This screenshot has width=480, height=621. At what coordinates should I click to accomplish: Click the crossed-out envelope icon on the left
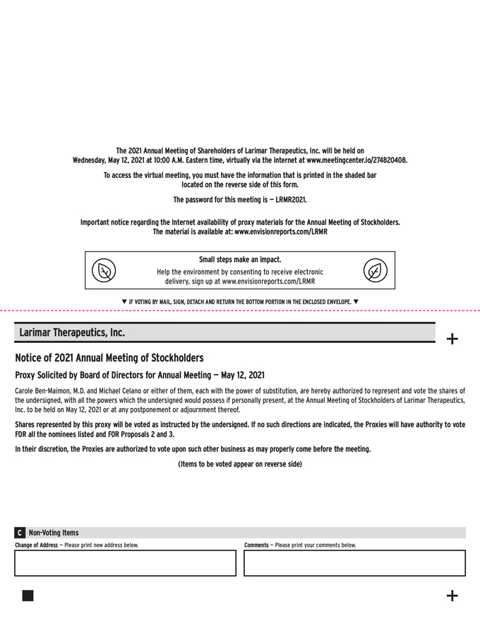pyautogui.click(x=103, y=270)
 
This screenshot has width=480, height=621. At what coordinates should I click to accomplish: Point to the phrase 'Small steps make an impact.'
pyautogui.click(x=240, y=259)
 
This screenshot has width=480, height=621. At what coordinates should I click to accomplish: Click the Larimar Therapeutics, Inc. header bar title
pyautogui.click(x=72, y=332)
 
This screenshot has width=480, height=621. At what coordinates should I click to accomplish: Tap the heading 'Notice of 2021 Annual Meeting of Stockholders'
pyautogui.click(x=109, y=357)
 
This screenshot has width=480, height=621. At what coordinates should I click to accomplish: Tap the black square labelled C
pyautogui.click(x=20, y=533)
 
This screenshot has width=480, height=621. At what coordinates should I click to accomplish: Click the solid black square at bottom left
pyautogui.click(x=28, y=596)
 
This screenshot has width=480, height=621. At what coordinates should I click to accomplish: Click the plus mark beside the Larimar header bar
pyautogui.click(x=452, y=339)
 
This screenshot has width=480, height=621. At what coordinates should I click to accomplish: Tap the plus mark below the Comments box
pyautogui.click(x=452, y=596)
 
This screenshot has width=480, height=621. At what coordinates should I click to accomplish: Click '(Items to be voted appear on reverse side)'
pyautogui.click(x=240, y=464)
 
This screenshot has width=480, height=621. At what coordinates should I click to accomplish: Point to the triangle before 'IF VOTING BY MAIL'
pyautogui.click(x=124, y=302)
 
